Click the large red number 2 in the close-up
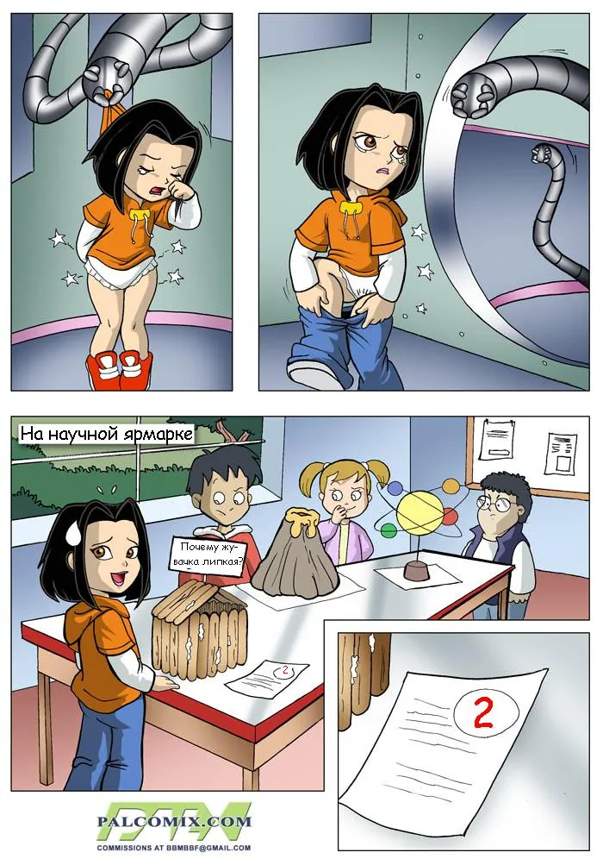point(483,713)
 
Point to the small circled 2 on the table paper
point(284,671)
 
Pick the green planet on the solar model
point(389,530)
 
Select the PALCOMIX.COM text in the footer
point(173,821)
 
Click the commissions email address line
point(174,848)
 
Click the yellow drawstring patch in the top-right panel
point(349,208)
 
